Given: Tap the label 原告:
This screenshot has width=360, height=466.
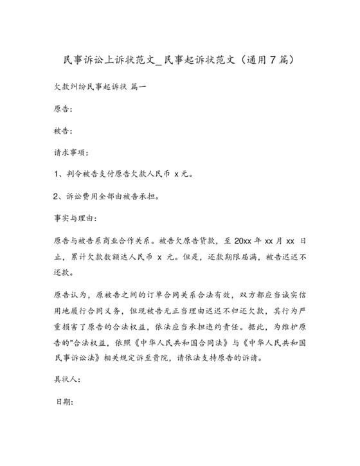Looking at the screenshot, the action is point(63,110).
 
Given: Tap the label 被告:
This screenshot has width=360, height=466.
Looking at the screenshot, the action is point(63,132).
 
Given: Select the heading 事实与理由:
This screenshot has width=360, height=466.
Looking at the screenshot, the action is point(75,219).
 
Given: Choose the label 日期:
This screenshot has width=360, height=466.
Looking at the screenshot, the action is point(66,403).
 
